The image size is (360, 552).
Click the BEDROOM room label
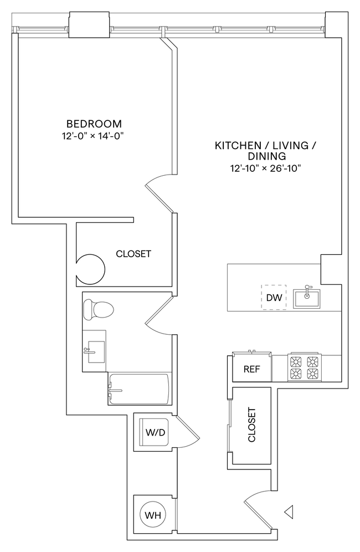coord(94,124)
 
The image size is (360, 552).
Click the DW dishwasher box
coord(274,298)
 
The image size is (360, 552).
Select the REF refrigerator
coord(252,369)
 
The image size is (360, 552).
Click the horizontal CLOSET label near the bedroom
coord(133,254)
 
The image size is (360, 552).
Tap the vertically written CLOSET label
coord(251,426)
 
